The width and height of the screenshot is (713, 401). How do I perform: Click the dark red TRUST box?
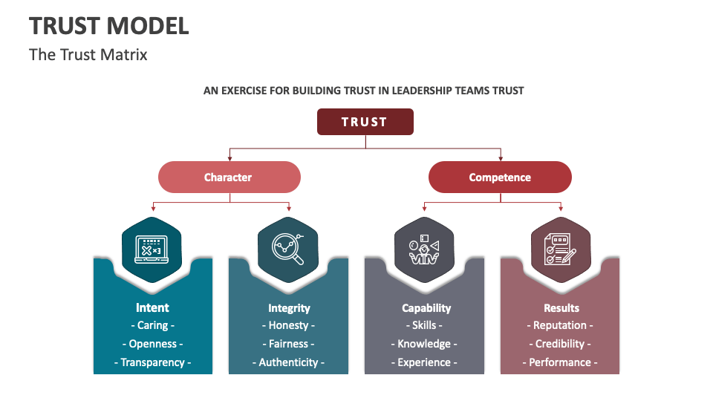tap(365, 122)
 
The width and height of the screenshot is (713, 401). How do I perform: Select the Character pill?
tap(229, 177)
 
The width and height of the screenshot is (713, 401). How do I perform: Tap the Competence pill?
tap(500, 177)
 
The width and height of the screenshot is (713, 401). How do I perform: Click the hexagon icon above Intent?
tap(152, 250)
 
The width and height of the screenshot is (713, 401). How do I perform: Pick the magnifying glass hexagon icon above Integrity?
tap(288, 250)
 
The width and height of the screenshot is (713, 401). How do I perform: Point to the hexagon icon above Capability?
tap(423, 250)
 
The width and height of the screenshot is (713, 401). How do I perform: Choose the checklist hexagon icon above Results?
tap(560, 250)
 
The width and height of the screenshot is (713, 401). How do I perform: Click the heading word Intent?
tap(152, 307)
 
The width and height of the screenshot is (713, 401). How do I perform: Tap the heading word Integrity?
tap(289, 307)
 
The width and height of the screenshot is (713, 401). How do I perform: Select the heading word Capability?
tap(426, 307)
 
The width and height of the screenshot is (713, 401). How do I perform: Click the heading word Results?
tap(561, 307)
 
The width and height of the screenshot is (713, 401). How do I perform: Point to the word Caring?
tap(152, 325)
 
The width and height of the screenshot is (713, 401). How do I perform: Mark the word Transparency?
tap(152, 362)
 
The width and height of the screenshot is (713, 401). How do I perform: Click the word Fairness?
tap(289, 344)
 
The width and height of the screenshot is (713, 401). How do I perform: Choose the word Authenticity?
tap(289, 362)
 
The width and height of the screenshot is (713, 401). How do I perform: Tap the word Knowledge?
tap(424, 344)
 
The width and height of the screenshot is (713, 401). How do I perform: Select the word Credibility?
tap(561, 344)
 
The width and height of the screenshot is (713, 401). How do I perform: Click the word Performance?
tap(561, 362)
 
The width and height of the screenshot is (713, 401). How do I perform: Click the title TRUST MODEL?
tap(109, 26)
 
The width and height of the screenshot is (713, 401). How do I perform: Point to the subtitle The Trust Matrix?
tap(88, 55)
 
